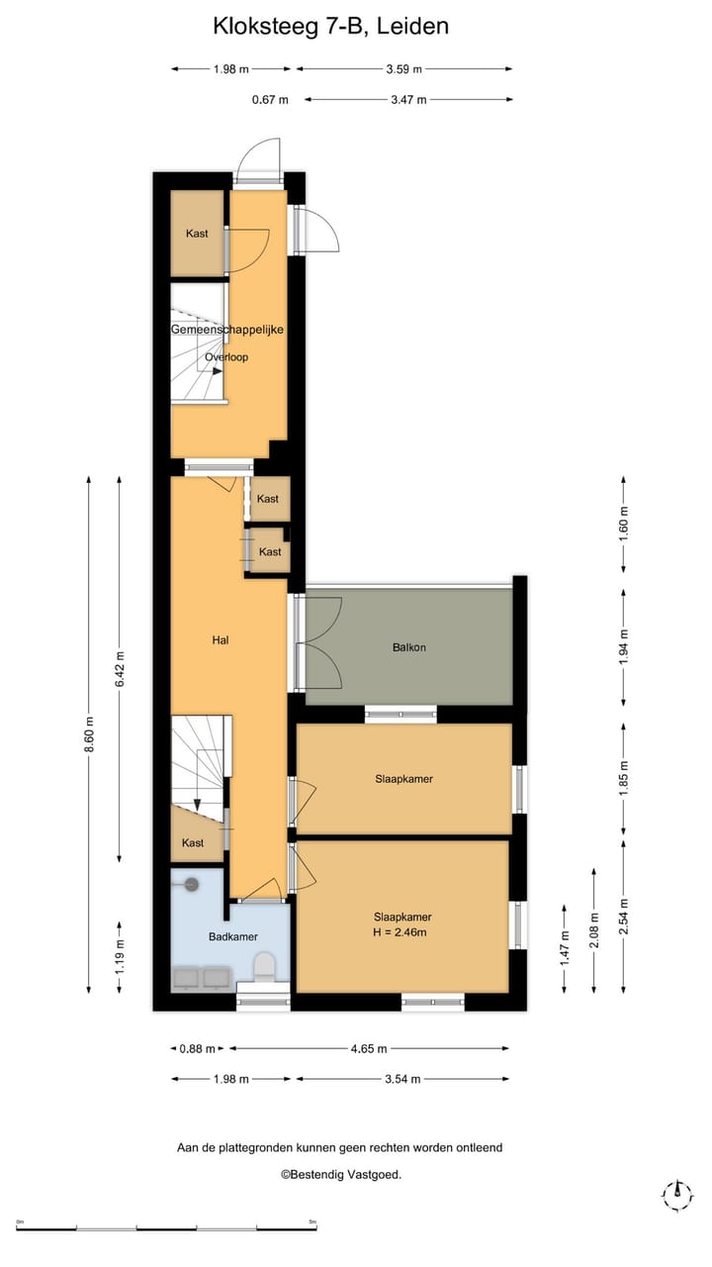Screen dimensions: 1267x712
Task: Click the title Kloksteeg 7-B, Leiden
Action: point(330,27)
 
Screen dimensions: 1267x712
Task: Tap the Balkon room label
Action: point(408,647)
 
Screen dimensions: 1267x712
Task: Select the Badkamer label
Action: point(232,935)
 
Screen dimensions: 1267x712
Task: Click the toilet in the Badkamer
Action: point(264,966)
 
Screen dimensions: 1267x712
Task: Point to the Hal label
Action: point(221,640)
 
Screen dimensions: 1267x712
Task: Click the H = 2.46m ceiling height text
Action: point(402,931)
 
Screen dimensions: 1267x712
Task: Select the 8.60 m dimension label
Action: point(89,734)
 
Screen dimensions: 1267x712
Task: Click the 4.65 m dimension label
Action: point(368,1048)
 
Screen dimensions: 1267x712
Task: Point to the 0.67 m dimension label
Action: point(270,99)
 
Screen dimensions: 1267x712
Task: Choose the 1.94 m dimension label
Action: point(623,648)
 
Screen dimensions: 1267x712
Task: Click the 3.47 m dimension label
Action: point(408,99)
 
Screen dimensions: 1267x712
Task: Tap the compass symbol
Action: point(677,1195)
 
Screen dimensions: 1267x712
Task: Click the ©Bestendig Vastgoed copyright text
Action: point(340,1175)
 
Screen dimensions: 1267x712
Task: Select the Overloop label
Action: point(226,357)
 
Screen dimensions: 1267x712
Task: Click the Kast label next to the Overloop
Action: point(197,234)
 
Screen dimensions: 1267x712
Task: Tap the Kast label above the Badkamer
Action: point(193,842)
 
